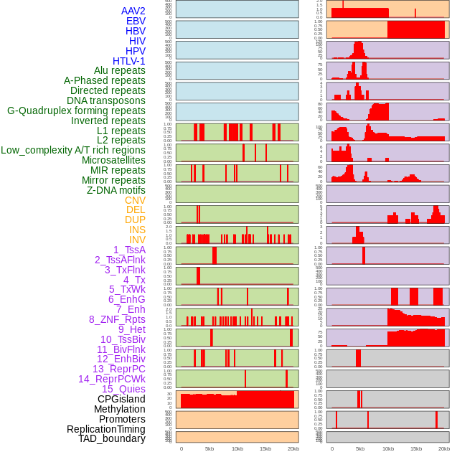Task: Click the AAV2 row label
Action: click(x=133, y=11)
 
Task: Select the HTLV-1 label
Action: click(x=128, y=61)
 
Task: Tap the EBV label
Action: click(x=136, y=21)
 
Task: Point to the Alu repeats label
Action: click(x=119, y=70)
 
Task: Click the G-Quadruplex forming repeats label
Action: click(x=76, y=110)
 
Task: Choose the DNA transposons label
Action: click(x=106, y=100)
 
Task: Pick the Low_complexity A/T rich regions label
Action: click(x=73, y=150)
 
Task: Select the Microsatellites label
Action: click(x=113, y=160)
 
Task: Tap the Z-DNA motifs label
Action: click(x=116, y=190)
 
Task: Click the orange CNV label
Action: click(x=135, y=200)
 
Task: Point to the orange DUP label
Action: click(x=135, y=220)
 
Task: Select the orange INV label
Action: click(x=137, y=240)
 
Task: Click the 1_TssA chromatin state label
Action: click(x=129, y=250)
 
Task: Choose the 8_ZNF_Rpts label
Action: click(x=117, y=319)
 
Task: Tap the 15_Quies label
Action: click(x=123, y=389)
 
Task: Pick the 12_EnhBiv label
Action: click(x=121, y=359)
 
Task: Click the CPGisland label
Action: click(x=121, y=399)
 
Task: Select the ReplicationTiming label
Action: click(x=105, y=429)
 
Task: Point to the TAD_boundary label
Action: click(x=112, y=438)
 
